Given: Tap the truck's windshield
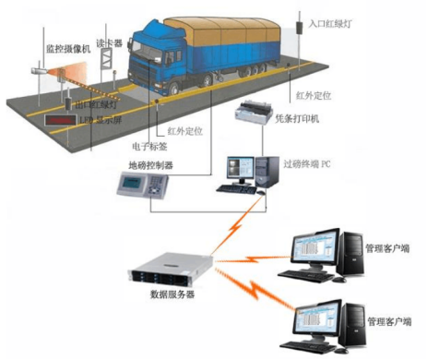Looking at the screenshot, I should pos(146,42).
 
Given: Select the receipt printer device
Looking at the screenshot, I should pos(249,115).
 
